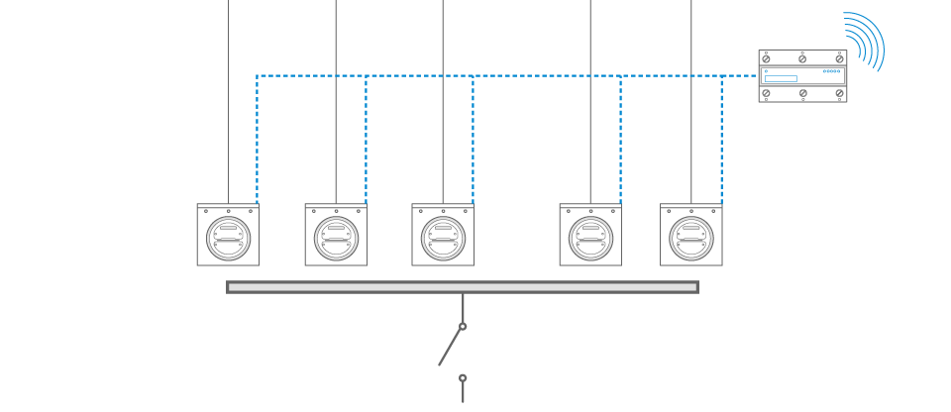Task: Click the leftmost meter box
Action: click(x=228, y=236)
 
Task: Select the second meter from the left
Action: click(x=336, y=236)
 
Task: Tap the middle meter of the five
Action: click(x=443, y=236)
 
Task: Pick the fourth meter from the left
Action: click(x=590, y=236)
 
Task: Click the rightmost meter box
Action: click(x=691, y=236)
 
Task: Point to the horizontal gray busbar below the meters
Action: click(x=462, y=287)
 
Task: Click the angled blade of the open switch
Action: click(x=450, y=347)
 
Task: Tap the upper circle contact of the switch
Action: click(x=463, y=326)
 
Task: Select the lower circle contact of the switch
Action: click(x=463, y=377)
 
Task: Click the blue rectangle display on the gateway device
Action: click(x=781, y=78)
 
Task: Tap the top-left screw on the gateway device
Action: click(x=766, y=58)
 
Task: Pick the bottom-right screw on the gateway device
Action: click(x=839, y=93)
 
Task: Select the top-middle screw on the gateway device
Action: click(x=802, y=58)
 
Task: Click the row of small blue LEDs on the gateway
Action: click(x=831, y=71)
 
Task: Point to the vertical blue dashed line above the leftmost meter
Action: click(x=257, y=139)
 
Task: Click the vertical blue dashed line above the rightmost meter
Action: click(x=721, y=139)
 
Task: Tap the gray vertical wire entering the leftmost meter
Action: click(x=228, y=99)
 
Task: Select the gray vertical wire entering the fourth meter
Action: click(x=590, y=99)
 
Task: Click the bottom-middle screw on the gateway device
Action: click(x=802, y=93)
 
